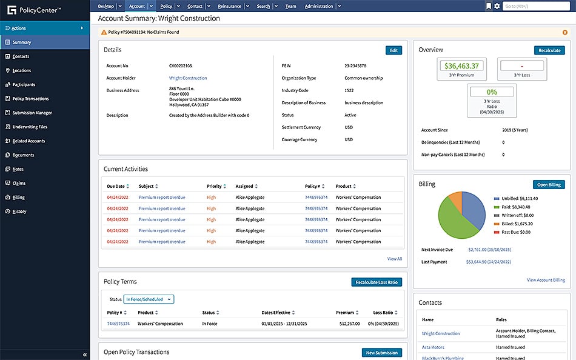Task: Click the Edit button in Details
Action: tap(393, 50)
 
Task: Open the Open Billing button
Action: tap(549, 184)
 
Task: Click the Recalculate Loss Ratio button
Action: tap(377, 282)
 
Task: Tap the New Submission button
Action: tap(381, 352)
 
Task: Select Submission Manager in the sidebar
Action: tap(32, 113)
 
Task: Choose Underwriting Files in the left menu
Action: tap(30, 127)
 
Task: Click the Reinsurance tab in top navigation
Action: tap(229, 6)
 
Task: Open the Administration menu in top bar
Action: tap(319, 6)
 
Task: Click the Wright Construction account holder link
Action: tap(188, 78)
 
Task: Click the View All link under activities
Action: tap(395, 259)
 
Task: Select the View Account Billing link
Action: tap(546, 280)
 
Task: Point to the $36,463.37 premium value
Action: tap(461, 66)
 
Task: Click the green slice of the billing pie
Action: tap(456, 225)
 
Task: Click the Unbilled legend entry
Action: tap(515, 198)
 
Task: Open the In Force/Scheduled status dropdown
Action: tap(149, 299)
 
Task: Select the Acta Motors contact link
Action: tap(434, 347)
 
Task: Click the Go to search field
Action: tap(536, 6)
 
